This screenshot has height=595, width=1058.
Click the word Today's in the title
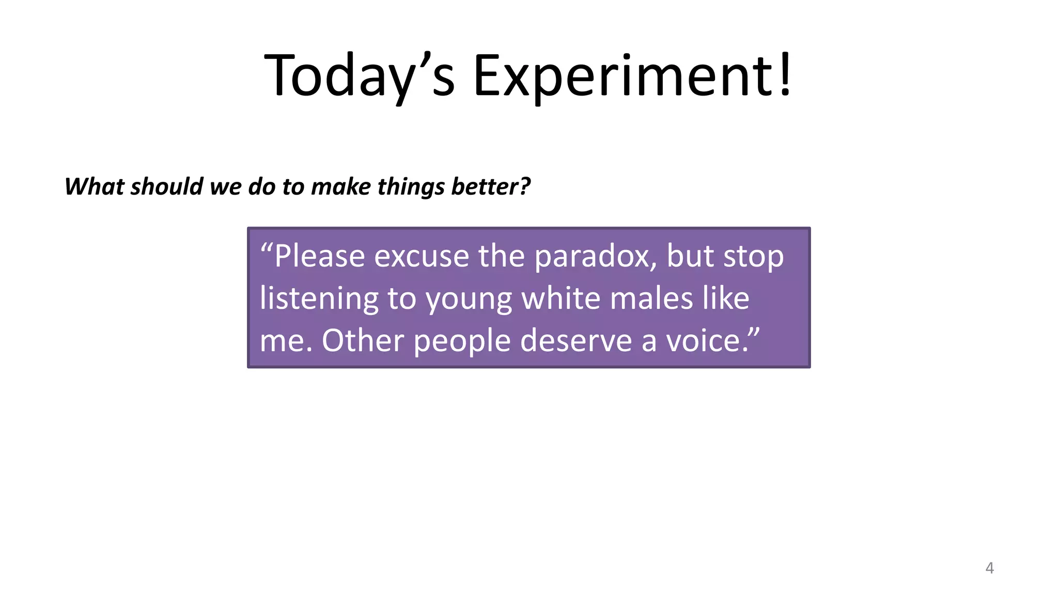(359, 76)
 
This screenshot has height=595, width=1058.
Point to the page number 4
(989, 568)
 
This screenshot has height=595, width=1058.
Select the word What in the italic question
(95, 186)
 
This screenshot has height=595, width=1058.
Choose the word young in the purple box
(469, 300)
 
